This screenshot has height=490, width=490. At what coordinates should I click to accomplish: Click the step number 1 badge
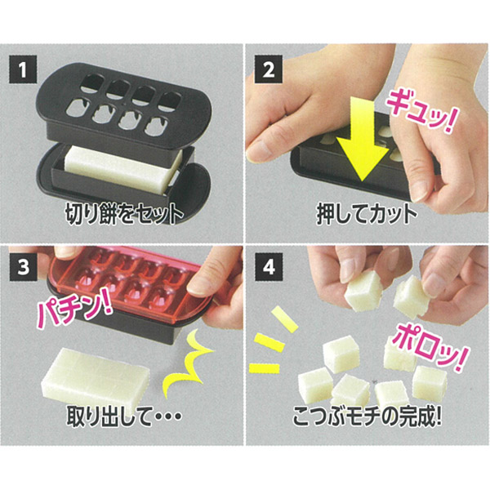click(23, 69)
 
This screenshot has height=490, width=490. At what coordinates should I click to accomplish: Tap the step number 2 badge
click(269, 69)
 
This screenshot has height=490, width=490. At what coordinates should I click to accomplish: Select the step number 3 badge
click(23, 266)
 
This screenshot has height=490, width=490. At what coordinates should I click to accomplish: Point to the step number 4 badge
click(269, 266)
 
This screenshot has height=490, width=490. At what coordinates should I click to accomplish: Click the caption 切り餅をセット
click(124, 214)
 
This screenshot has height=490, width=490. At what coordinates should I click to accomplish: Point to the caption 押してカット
click(367, 214)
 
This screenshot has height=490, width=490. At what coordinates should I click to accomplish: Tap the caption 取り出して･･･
click(124, 416)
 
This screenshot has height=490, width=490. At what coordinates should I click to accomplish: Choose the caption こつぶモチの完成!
click(367, 416)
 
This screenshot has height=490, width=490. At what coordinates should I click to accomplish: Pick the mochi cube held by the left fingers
click(364, 291)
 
